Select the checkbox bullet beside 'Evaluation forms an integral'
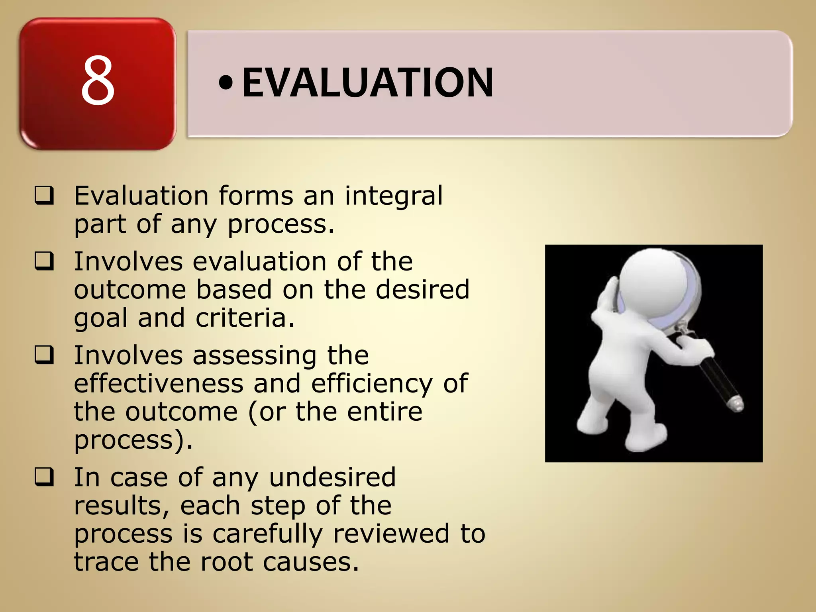tap(44, 196)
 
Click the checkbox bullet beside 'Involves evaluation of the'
tap(44, 262)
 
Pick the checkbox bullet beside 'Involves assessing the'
tap(44, 355)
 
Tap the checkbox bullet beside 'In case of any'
tap(44, 477)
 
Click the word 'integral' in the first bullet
tap(394, 196)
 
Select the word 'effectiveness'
tap(159, 383)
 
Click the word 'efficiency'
tap(371, 384)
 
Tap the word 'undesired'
tap(332, 477)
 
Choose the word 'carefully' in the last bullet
tap(268, 534)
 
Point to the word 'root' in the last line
tap(226, 562)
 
